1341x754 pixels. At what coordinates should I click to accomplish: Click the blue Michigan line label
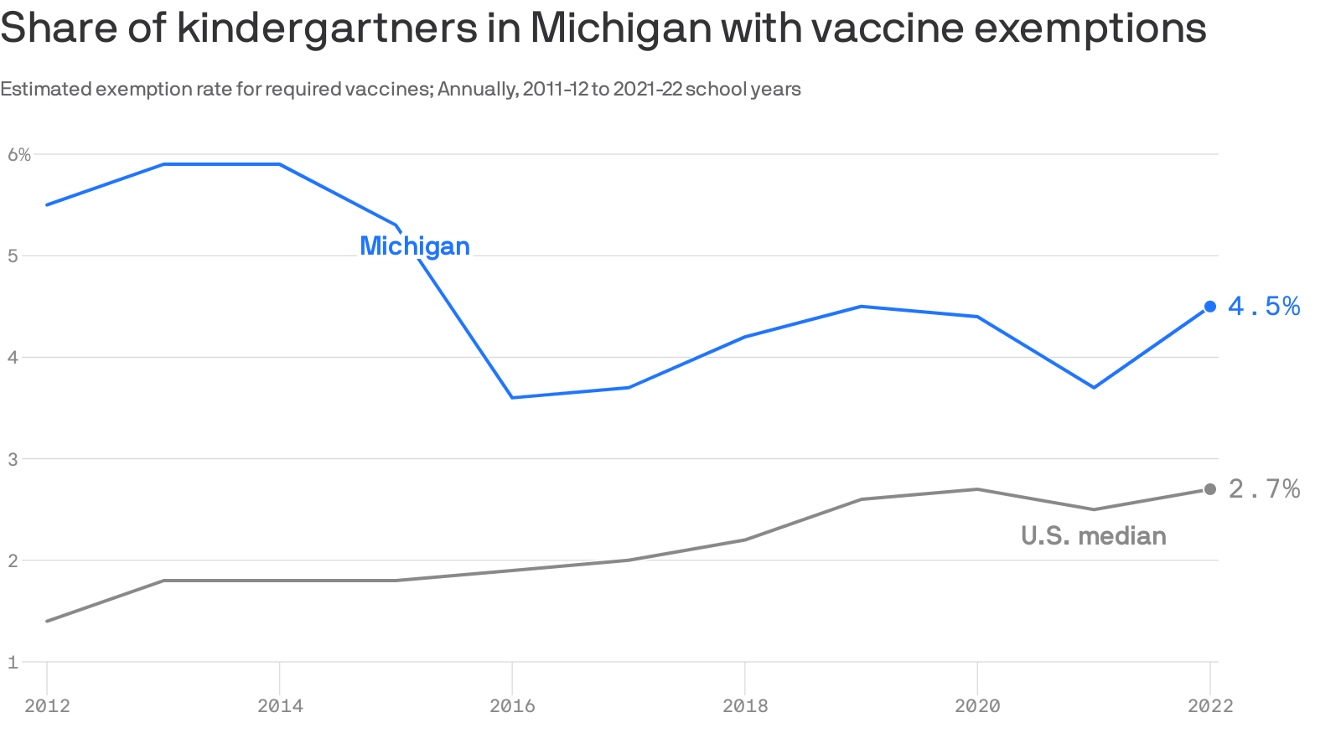pyautogui.click(x=415, y=246)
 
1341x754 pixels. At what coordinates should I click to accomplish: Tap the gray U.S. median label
pyautogui.click(x=1093, y=536)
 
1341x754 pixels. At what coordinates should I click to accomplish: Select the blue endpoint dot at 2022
pyautogui.click(x=1209, y=307)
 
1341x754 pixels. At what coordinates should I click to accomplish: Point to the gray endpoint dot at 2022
pyautogui.click(x=1209, y=489)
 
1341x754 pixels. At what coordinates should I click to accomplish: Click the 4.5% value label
pyautogui.click(x=1264, y=307)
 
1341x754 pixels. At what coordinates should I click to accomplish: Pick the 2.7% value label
pyautogui.click(x=1264, y=489)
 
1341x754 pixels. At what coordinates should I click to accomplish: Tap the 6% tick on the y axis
pyautogui.click(x=18, y=154)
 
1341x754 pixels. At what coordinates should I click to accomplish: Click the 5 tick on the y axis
pyautogui.click(x=13, y=256)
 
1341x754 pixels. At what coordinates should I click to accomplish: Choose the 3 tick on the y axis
pyautogui.click(x=13, y=459)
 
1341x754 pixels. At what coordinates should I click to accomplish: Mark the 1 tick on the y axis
pyautogui.click(x=13, y=663)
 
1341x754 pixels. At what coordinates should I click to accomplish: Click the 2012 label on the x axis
pyautogui.click(x=47, y=706)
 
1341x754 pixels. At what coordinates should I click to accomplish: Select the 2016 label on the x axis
pyautogui.click(x=512, y=706)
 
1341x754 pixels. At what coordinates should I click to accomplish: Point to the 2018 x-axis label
pyautogui.click(x=745, y=706)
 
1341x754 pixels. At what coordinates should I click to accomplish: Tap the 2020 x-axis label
pyautogui.click(x=977, y=706)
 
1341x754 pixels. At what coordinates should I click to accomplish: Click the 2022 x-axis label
pyautogui.click(x=1210, y=706)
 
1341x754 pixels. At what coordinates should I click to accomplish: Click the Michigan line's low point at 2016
pyautogui.click(x=512, y=397)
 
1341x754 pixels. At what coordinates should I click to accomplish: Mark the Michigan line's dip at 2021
pyautogui.click(x=1094, y=387)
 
